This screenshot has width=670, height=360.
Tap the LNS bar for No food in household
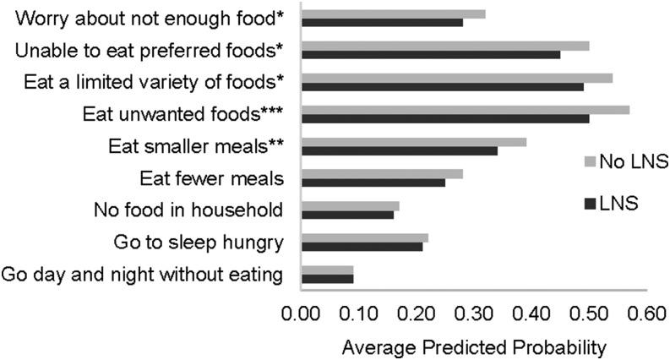(x=347, y=215)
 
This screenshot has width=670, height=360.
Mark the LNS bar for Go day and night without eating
(x=327, y=278)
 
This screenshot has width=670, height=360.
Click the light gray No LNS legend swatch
(x=591, y=161)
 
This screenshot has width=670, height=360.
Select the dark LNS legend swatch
(x=591, y=203)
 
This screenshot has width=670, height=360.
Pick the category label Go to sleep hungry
(x=198, y=243)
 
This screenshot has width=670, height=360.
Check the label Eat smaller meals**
(x=196, y=146)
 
